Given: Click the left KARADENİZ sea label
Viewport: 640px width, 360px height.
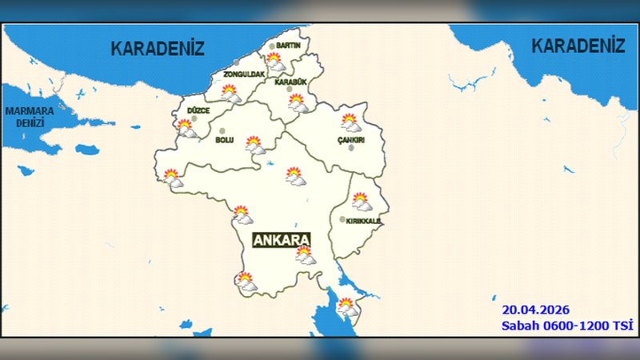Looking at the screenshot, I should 157,48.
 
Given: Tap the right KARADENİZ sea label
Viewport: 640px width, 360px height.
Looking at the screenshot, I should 578,46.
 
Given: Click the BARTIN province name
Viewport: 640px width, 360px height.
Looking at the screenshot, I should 288,46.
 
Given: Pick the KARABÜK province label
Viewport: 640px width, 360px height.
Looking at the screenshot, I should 290,82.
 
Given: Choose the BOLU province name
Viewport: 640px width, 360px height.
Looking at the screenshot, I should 224,140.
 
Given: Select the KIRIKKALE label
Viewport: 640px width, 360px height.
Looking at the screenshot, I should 363,221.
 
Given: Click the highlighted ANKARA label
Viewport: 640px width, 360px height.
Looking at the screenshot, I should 281,240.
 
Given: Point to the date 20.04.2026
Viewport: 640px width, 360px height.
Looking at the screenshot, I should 535,309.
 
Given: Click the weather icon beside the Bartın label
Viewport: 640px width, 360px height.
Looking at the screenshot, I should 274,60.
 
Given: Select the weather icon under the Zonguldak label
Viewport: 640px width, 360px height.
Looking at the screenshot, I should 230,93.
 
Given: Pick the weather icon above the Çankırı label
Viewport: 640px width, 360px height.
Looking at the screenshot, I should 350,122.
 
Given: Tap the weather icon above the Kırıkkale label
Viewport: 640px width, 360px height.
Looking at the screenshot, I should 361,200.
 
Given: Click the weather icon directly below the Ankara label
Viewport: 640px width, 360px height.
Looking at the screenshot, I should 305,254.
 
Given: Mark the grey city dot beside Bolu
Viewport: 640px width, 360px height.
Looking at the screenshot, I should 222,131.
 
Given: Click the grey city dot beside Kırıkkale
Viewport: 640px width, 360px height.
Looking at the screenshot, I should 342,219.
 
